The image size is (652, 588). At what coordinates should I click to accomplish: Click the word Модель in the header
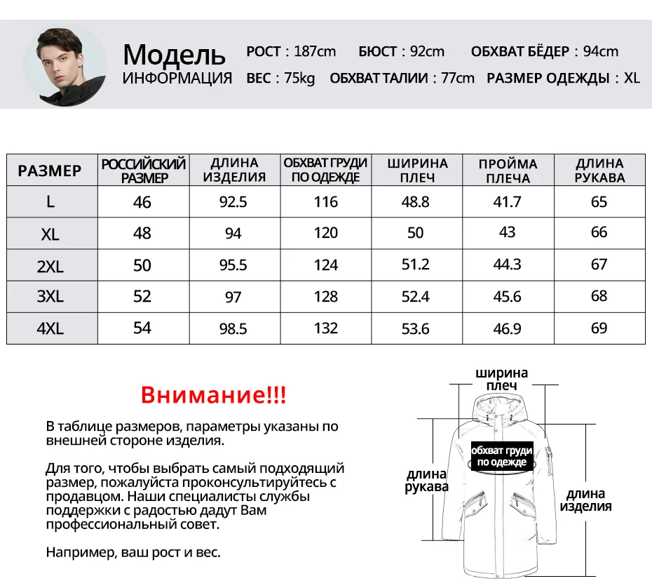tap(174, 54)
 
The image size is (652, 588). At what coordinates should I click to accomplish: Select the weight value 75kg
tap(299, 78)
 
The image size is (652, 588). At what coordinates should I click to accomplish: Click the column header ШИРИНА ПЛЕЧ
tap(416, 171)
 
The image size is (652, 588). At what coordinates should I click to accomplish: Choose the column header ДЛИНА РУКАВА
tap(599, 171)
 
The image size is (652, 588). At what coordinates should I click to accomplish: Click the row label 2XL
tap(50, 265)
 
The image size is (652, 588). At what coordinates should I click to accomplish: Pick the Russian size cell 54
tap(142, 328)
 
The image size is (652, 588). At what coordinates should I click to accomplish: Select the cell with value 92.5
tap(233, 202)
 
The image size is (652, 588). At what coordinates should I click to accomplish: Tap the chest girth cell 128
tap(326, 296)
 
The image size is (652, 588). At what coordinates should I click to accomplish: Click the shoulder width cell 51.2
tap(416, 265)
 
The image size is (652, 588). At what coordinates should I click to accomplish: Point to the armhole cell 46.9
tap(507, 328)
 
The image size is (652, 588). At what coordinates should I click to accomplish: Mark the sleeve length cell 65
tap(599, 202)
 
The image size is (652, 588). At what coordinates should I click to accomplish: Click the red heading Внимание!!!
tap(213, 394)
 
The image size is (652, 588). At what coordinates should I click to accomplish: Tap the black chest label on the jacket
tap(501, 456)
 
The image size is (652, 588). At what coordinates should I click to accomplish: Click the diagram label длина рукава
tap(426, 481)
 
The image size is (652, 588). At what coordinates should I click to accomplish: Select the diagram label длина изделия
tap(586, 500)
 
